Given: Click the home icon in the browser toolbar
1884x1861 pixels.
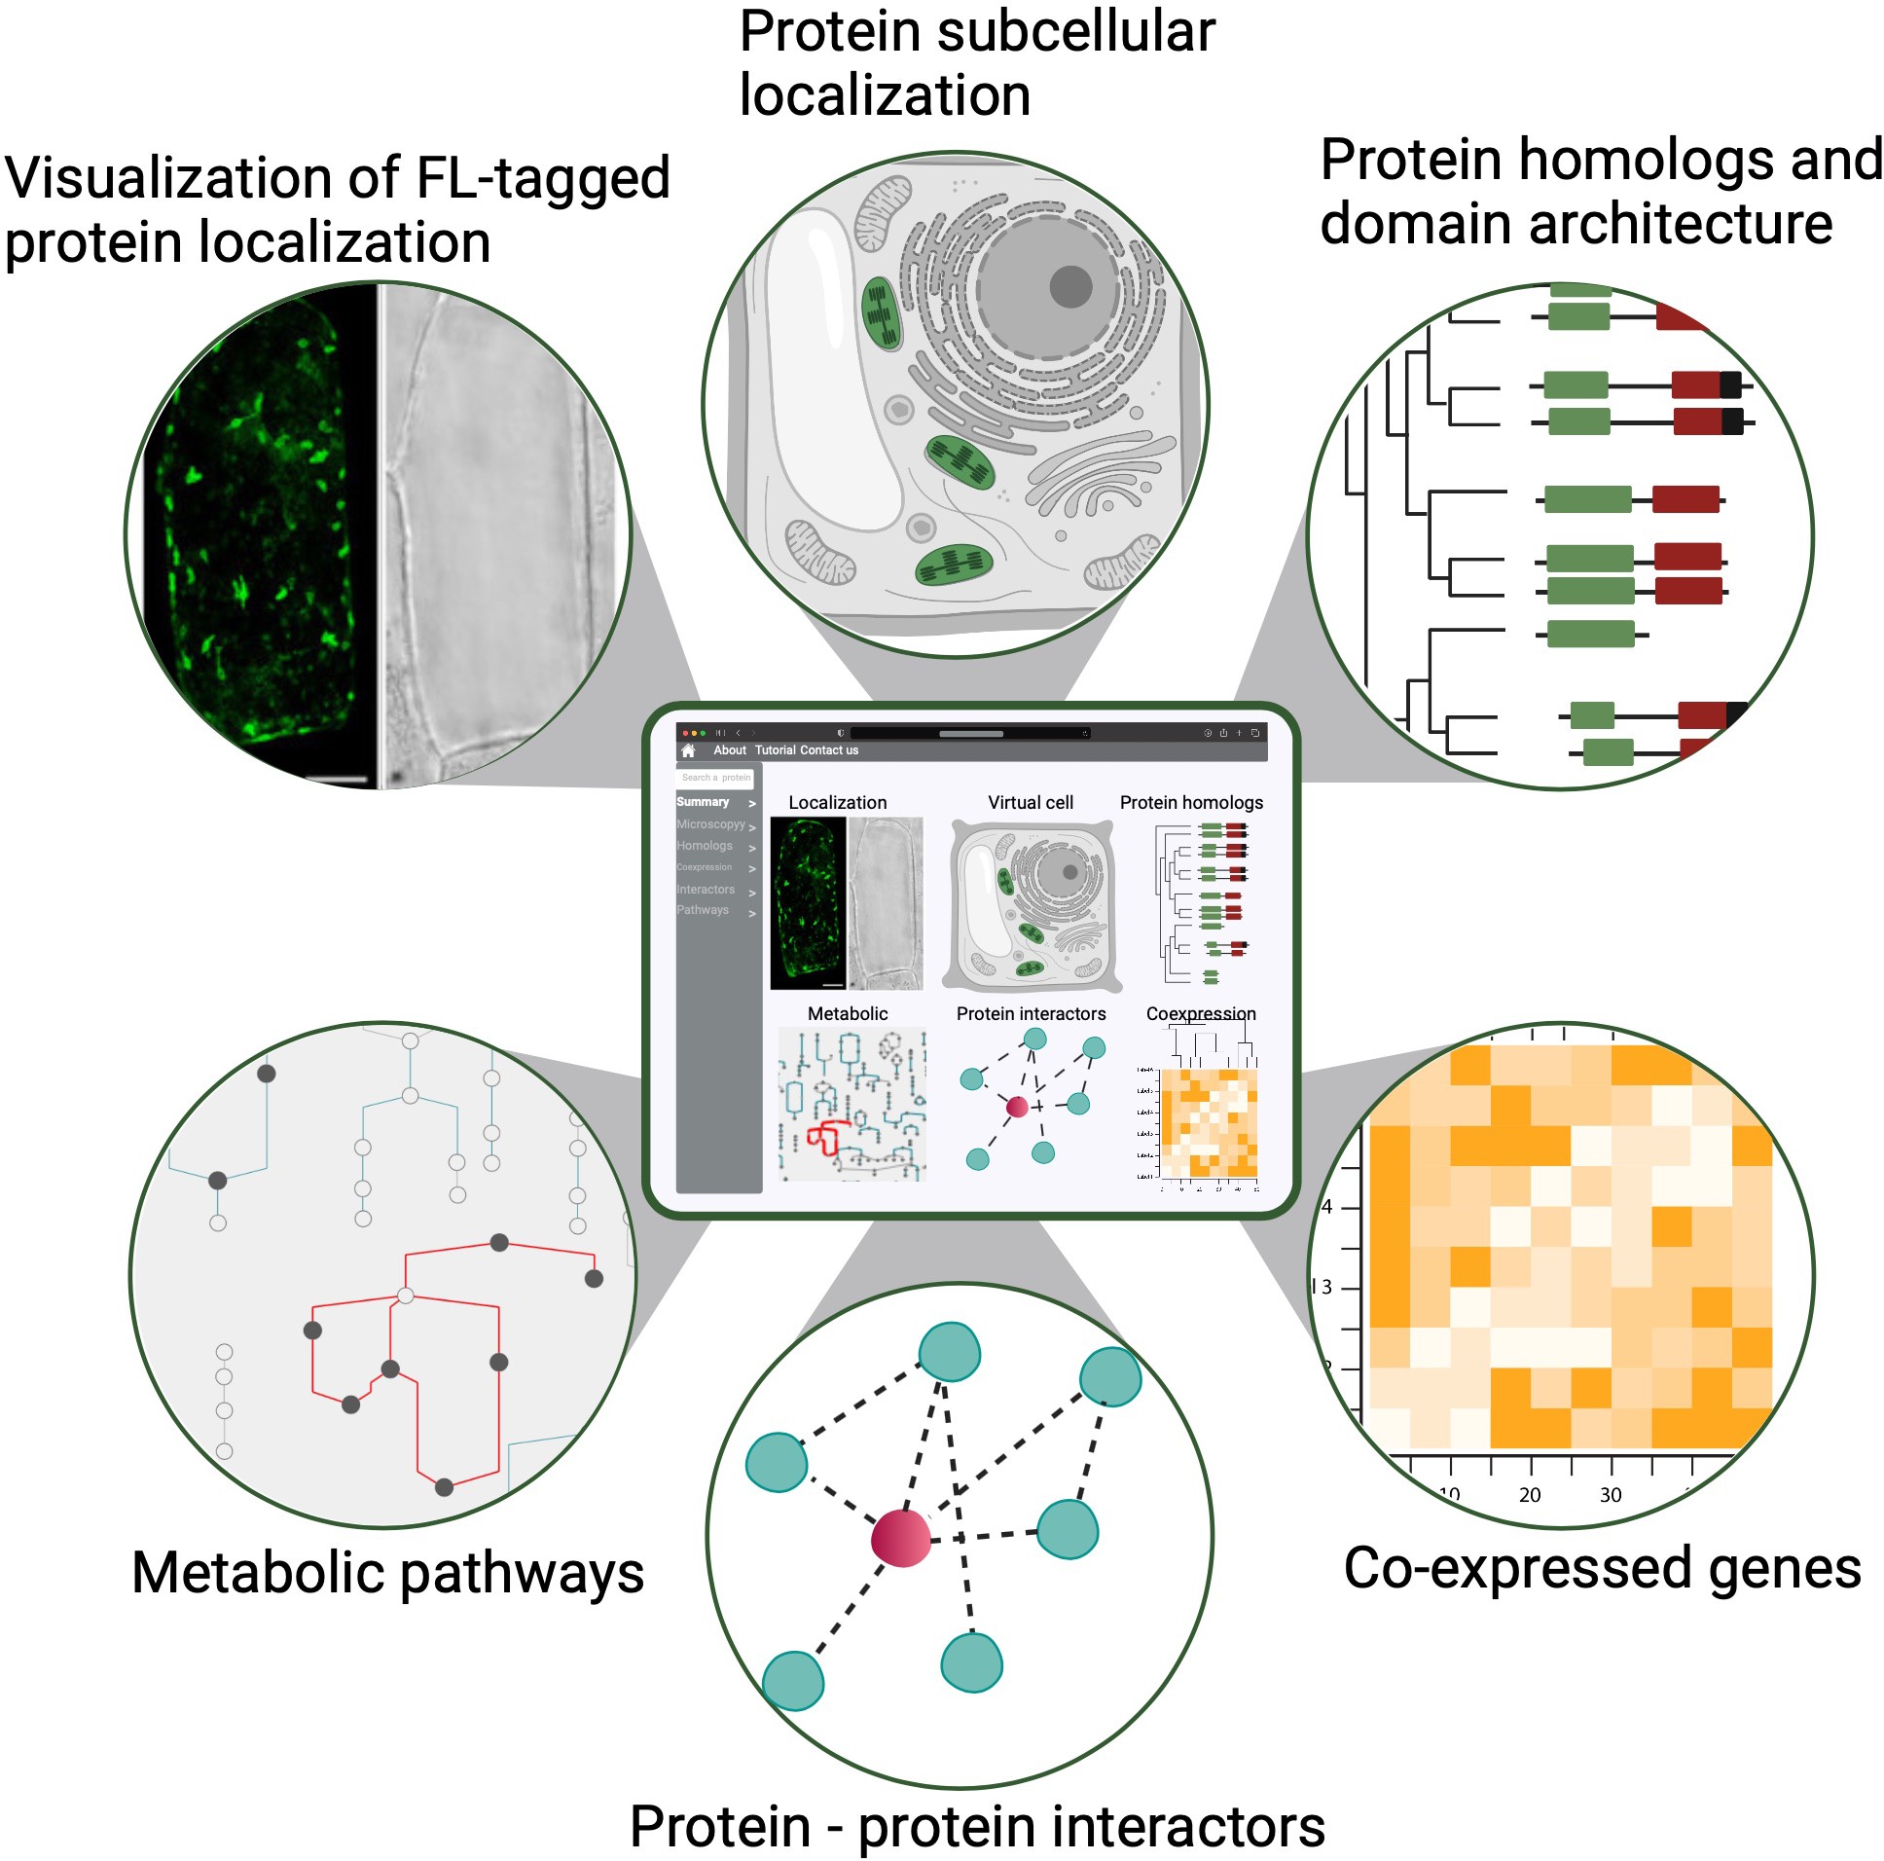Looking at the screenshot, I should pos(688,750).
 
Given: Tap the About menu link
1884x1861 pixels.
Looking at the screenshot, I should pos(730,750).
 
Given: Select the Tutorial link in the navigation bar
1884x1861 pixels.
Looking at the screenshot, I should pos(776,750).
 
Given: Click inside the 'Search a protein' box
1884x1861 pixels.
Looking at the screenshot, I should pos(716,778).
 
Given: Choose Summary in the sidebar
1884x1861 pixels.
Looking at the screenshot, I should pos(703,802).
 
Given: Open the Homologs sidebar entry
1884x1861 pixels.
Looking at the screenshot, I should pos(705,846).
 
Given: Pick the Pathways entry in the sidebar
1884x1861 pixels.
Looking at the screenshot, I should pos(703,910).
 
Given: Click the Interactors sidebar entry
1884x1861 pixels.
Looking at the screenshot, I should pos(706,890).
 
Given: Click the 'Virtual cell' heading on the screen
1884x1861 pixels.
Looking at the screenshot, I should pos(1031,803).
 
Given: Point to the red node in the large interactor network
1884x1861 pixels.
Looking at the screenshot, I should pos(901,1538).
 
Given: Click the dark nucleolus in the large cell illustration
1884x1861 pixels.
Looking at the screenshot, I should pos(1070,287).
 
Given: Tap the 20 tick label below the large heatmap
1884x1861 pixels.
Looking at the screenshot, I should pos(1530,1495).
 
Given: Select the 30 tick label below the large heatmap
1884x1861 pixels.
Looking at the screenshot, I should pos(1611,1495).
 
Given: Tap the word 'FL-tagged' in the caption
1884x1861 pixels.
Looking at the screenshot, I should pos(543,178).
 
